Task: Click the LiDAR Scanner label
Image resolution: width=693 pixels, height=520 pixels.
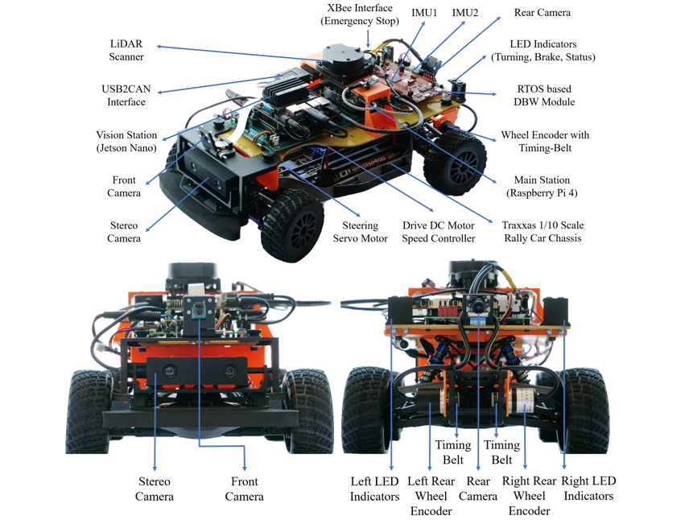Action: (126, 50)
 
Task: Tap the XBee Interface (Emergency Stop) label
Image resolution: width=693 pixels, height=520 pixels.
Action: (360, 14)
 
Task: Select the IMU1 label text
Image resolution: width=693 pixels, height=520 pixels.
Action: (424, 13)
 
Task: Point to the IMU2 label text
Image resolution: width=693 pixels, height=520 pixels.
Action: (465, 13)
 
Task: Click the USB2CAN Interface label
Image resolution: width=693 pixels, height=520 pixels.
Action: (126, 95)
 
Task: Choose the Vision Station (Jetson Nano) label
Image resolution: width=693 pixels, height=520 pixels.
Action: (126, 141)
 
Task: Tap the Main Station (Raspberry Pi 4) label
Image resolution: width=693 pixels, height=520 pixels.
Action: (542, 186)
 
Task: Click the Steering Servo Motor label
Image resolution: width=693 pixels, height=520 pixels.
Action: (361, 232)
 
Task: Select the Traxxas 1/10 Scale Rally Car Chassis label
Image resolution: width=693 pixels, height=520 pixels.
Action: (542, 231)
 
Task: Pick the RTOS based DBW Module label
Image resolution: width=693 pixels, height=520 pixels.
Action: (544, 95)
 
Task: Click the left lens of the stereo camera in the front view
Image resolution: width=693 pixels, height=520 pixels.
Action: (169, 370)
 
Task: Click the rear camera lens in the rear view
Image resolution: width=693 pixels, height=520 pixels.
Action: (477, 304)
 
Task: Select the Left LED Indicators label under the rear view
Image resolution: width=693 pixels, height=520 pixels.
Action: (375, 489)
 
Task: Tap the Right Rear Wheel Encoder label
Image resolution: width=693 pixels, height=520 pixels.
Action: (529, 496)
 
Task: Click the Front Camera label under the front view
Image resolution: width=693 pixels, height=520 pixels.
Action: (245, 489)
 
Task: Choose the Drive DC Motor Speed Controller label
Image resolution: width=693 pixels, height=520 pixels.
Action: (439, 232)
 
